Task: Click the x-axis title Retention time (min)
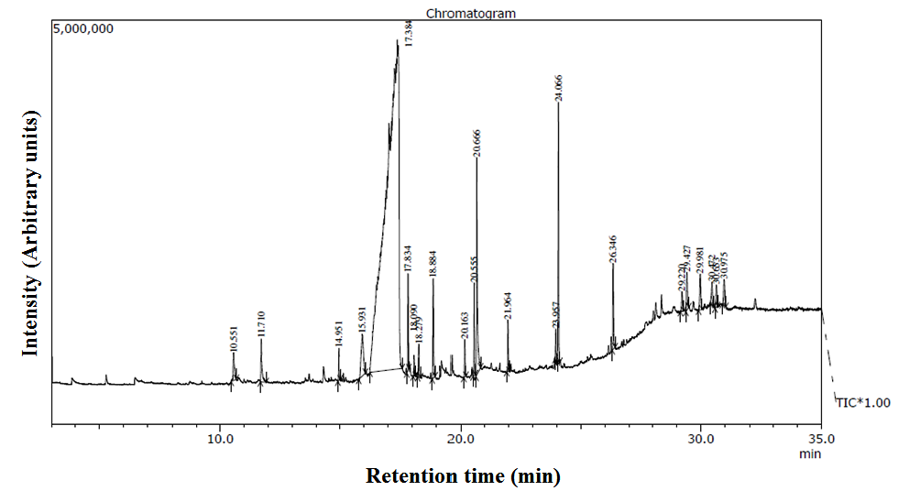tap(463, 476)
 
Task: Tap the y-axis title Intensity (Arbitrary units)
tap(32, 235)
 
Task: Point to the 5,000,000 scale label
tap(83, 28)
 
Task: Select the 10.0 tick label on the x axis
tap(219, 438)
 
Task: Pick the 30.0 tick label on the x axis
tap(701, 438)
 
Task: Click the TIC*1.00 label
tap(863, 401)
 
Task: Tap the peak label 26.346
tap(613, 250)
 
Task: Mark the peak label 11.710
tap(261, 325)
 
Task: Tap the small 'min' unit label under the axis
tap(810, 453)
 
